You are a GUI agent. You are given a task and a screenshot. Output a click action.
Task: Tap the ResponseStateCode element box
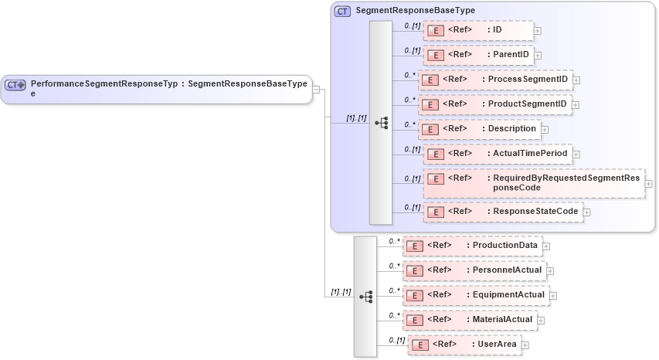[502, 211]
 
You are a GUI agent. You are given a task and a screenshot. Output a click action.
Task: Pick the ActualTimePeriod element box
[498, 154]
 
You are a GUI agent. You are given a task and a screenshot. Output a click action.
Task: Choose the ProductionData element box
[471, 246]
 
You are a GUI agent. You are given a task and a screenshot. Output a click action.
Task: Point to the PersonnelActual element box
[474, 270]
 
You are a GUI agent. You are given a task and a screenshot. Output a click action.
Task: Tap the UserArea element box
[464, 345]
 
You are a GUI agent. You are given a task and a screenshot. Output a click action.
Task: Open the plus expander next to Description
[545, 129]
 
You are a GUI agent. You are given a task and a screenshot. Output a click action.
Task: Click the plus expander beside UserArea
[525, 345]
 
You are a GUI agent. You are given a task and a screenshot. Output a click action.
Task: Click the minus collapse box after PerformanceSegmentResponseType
[316, 89]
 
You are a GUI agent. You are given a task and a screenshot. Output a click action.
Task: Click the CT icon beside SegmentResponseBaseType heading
[342, 12]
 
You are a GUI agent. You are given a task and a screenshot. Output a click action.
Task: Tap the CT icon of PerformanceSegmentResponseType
[15, 84]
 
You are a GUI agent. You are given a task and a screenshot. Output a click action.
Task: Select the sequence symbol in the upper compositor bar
[381, 123]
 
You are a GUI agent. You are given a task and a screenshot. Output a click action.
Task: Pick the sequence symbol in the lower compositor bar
[365, 297]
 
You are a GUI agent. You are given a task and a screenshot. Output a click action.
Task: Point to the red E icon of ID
[436, 31]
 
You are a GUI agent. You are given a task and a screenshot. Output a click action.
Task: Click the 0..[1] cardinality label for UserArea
[396, 340]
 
